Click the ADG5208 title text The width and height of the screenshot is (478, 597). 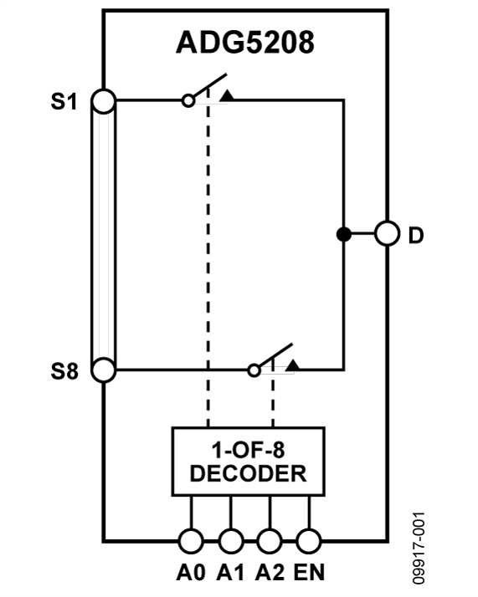[x=245, y=43]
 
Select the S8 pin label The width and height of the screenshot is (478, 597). [x=64, y=371]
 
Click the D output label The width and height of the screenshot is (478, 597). [x=416, y=235]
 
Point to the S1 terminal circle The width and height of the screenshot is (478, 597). [x=103, y=100]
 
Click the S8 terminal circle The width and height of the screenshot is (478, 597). [x=103, y=370]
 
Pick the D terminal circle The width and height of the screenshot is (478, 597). [x=387, y=234]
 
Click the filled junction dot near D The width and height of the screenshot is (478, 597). [x=342, y=234]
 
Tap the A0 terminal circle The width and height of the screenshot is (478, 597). [x=191, y=541]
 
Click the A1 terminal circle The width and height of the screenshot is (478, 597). [x=230, y=541]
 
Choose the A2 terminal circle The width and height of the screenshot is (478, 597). [x=270, y=541]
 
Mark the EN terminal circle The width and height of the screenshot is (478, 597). [x=309, y=541]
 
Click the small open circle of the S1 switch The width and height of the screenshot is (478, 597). [x=189, y=100]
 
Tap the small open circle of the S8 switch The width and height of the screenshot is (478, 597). [x=254, y=370]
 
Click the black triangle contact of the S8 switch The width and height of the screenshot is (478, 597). [x=292, y=365]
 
